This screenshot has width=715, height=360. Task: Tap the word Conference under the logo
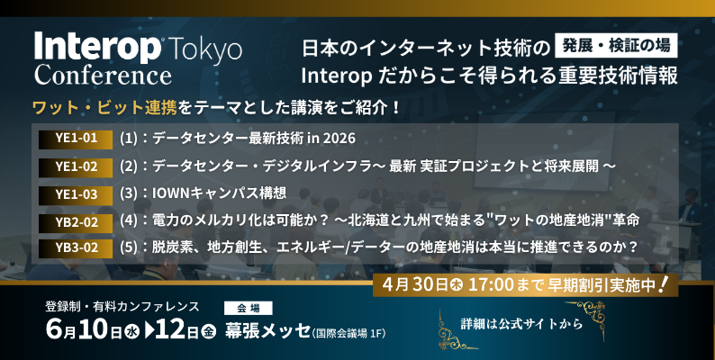pos(102,73)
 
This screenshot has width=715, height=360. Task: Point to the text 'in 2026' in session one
pos(335,139)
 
